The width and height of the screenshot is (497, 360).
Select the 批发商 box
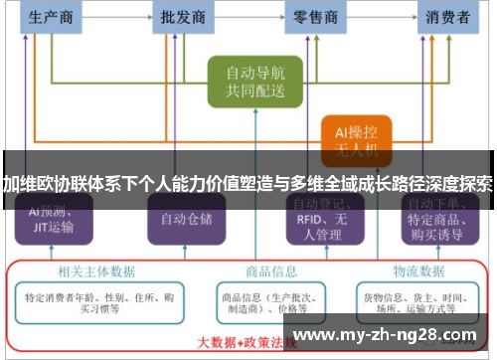point(184,17)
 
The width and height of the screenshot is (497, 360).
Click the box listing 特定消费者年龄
point(97,302)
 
